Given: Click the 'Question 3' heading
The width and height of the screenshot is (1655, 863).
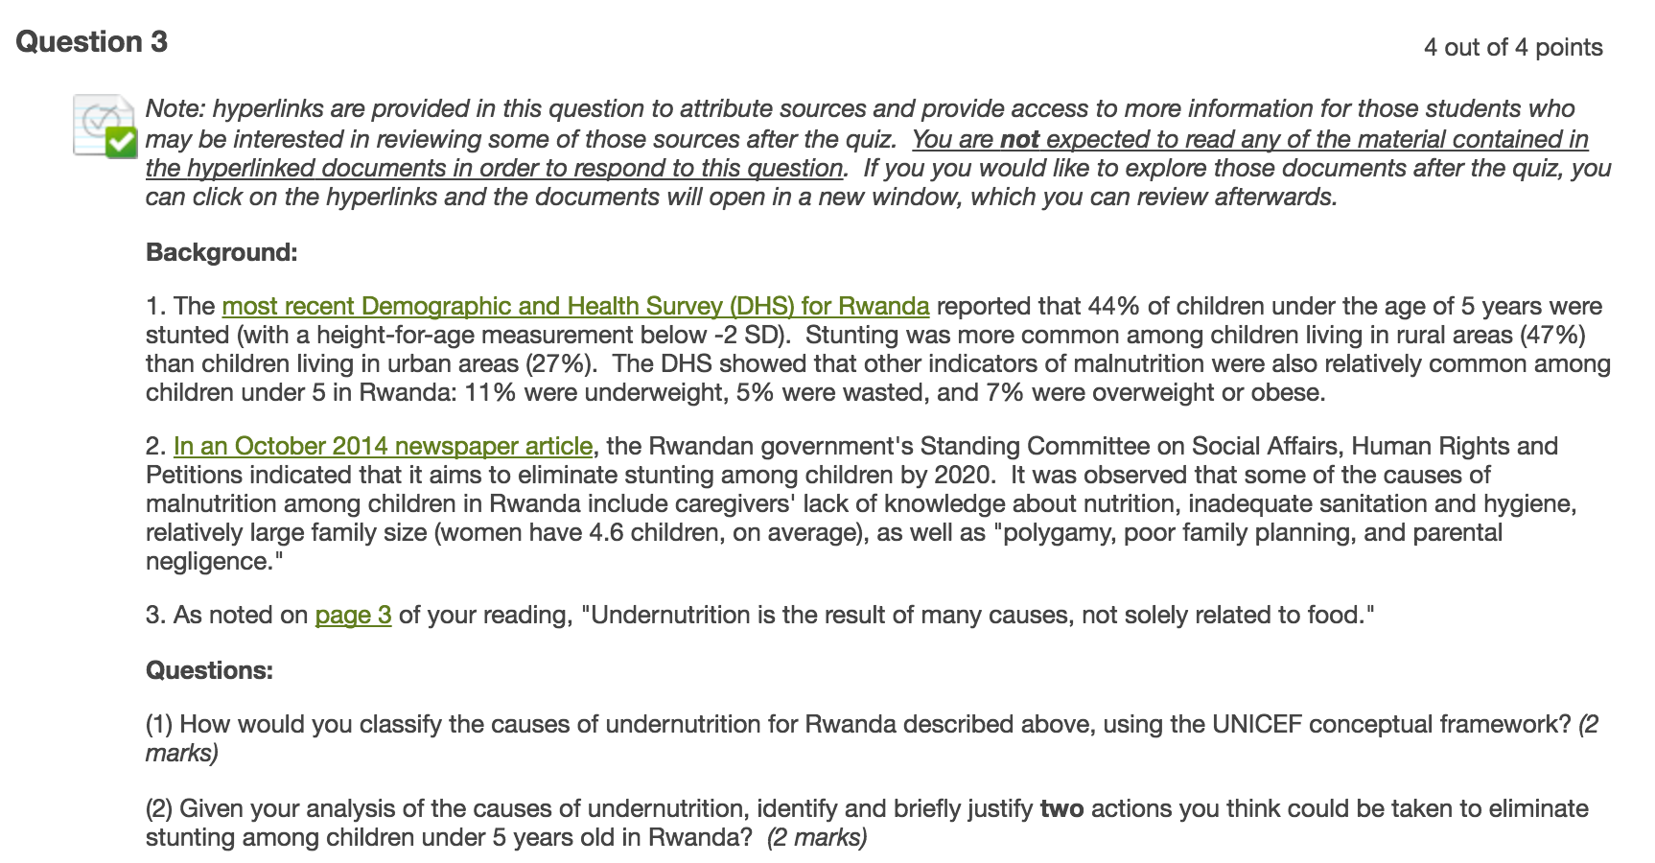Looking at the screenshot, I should (x=92, y=42).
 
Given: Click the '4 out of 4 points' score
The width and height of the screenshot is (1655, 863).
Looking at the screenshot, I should (x=1512, y=48).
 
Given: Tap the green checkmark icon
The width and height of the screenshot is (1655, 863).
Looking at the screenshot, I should (x=121, y=143).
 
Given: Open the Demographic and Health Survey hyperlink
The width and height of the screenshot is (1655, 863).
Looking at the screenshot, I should (x=575, y=306).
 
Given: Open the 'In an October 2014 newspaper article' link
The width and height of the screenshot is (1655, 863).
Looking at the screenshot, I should (x=383, y=446).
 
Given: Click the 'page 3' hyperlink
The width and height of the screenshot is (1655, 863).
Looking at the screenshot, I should (x=353, y=615).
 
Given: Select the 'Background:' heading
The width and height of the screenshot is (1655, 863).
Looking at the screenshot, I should (x=221, y=252).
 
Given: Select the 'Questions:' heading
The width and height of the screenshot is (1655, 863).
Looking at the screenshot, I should (x=209, y=670).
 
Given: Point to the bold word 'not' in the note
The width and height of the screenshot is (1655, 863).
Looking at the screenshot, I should (x=1019, y=140).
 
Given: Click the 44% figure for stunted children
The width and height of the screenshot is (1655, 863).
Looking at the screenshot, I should (x=1112, y=306).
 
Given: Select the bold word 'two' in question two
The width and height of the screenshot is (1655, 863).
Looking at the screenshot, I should (x=1061, y=808).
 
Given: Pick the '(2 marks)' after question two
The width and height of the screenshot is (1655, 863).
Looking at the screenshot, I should (x=817, y=837).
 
